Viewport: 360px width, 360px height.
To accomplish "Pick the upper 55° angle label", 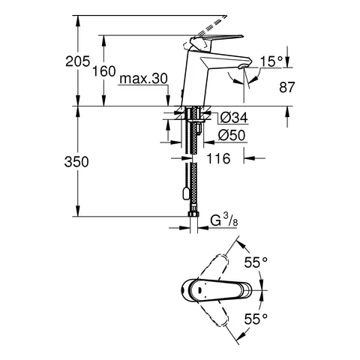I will coord(256,262).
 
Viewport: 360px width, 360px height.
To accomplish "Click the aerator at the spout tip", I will coord(241,68).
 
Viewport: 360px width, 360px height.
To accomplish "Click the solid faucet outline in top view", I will coord(210,289).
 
